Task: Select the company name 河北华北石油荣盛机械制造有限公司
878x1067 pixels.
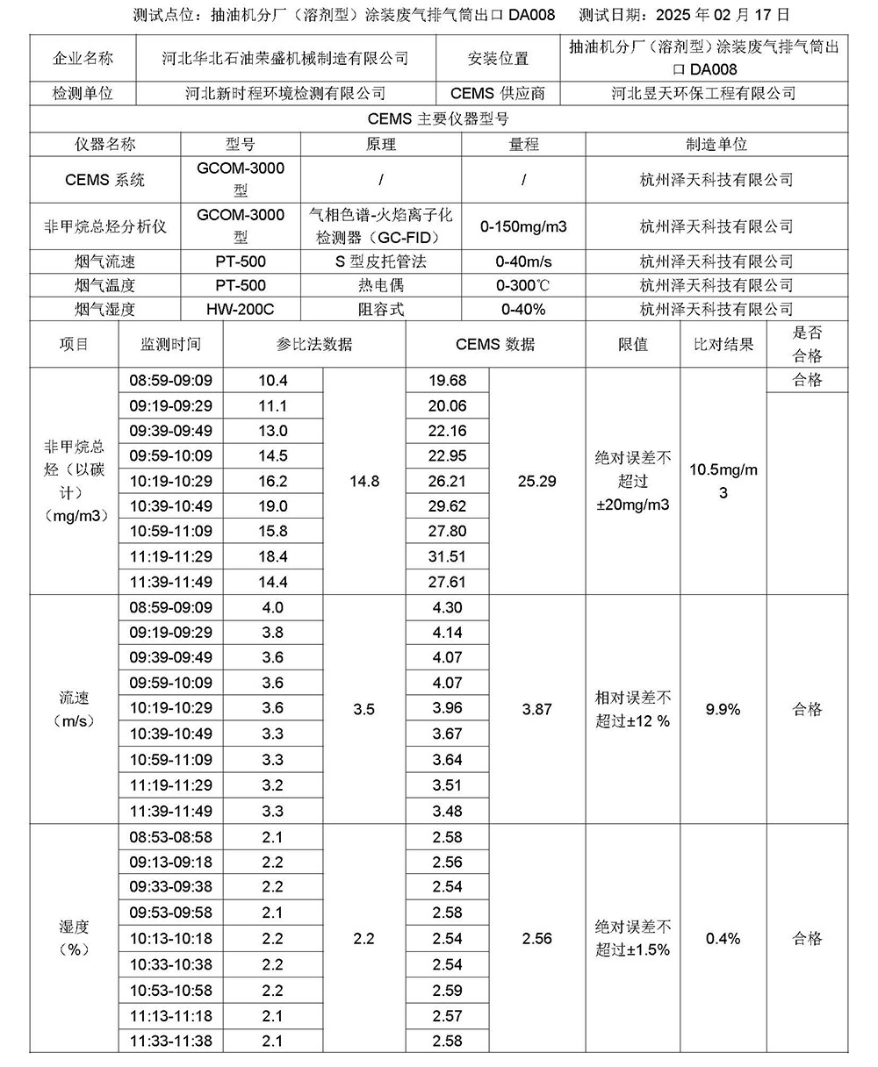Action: [x=285, y=59]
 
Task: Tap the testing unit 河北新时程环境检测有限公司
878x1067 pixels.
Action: [x=285, y=93]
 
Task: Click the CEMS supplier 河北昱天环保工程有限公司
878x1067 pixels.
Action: [x=703, y=93]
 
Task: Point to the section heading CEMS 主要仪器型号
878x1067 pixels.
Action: [x=439, y=118]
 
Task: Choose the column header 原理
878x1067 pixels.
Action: [x=380, y=144]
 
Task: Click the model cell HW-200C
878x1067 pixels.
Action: [x=241, y=309]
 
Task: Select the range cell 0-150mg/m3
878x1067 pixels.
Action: [x=523, y=226]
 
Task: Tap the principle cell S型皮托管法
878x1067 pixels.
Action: [x=380, y=261]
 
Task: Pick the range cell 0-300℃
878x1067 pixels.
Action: [x=523, y=285]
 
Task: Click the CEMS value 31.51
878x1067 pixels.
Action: [x=447, y=556]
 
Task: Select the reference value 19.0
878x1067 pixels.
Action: [x=273, y=506]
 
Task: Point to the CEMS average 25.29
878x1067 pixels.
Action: [x=536, y=481]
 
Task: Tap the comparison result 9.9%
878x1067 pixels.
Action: [x=723, y=709]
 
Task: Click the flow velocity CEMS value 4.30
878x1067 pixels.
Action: [x=447, y=607]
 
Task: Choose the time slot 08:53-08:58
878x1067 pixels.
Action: [x=170, y=837]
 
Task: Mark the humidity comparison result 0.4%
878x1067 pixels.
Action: [x=723, y=939]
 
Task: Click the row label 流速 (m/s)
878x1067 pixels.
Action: [x=74, y=709]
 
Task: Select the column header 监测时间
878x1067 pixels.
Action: [x=170, y=345]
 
